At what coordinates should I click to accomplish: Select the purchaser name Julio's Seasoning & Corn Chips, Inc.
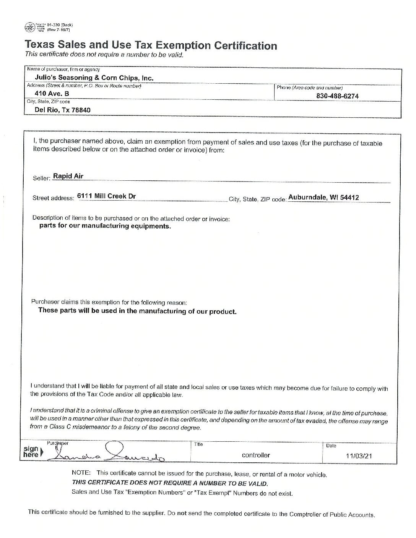(94, 78)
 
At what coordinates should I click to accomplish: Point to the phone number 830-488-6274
(338, 96)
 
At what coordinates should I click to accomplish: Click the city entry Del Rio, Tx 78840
(62, 110)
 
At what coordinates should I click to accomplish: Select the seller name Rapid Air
(68, 176)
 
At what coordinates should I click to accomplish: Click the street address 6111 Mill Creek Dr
(106, 196)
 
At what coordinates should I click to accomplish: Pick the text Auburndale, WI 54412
(323, 198)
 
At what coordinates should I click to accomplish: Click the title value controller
(256, 455)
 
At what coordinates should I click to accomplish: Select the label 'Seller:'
(42, 178)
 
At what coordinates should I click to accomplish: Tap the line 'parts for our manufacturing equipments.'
(105, 226)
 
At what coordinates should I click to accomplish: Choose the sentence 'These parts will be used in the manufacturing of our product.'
(137, 311)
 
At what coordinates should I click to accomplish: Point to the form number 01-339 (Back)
(57, 24)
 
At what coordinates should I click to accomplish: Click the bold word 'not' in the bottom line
(181, 513)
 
